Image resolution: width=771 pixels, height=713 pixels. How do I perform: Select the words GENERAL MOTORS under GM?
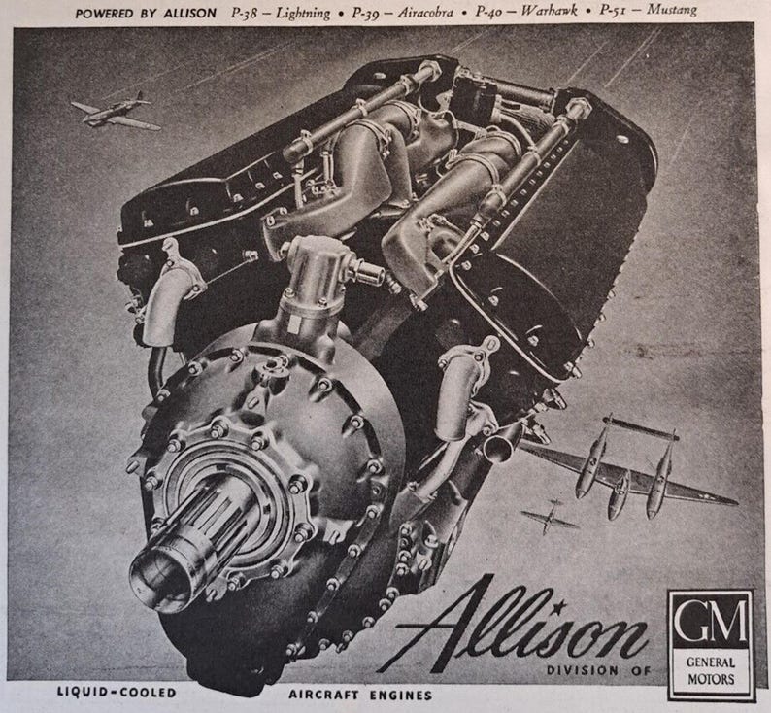pos(711,666)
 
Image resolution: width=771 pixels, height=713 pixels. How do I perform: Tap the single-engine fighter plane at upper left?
pos(116,112)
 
